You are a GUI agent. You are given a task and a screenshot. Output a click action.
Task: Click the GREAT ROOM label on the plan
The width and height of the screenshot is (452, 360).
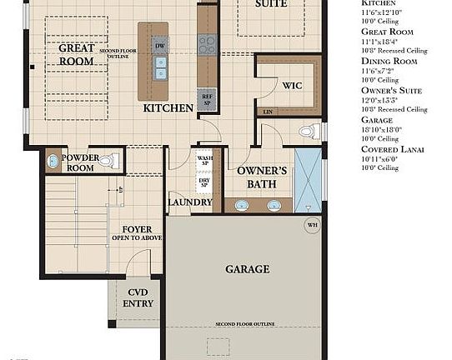(76, 54)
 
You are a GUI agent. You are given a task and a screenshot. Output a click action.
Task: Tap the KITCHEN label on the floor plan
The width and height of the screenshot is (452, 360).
(168, 108)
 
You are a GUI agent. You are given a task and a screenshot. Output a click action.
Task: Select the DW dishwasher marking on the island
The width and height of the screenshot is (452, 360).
(159, 45)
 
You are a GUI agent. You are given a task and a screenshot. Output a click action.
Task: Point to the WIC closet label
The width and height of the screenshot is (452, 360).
(292, 86)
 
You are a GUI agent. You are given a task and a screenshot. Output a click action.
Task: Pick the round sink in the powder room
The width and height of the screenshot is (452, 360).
(53, 162)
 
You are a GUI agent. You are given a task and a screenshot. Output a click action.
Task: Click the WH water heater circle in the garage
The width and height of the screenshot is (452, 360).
(312, 223)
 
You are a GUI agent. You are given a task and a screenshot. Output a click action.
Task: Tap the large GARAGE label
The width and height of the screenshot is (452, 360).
(247, 269)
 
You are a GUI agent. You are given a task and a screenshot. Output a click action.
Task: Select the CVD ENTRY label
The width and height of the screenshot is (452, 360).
(137, 298)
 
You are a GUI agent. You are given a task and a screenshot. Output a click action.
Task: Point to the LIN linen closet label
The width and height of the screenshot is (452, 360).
(267, 111)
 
